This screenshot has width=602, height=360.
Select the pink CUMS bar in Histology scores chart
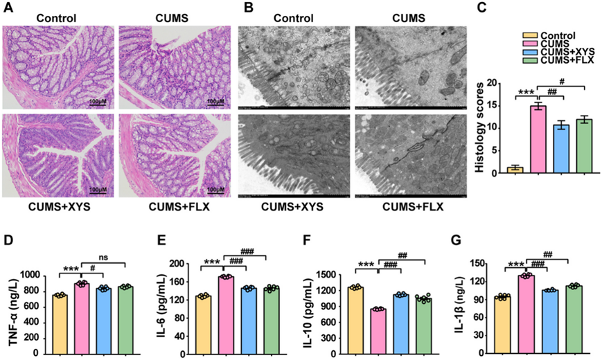pos(538,139)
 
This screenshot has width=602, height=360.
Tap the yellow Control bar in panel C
pos(514,170)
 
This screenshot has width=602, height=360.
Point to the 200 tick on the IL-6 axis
pos(182,264)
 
